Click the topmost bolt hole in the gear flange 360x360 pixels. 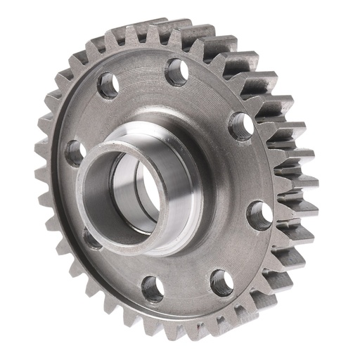point(176,71)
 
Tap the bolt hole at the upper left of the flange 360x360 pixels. point(108,86)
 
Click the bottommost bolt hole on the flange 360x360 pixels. point(152,288)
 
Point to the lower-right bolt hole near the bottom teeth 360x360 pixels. point(221,283)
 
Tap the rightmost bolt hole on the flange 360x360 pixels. point(259,215)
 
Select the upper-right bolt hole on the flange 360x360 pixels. point(242,127)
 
